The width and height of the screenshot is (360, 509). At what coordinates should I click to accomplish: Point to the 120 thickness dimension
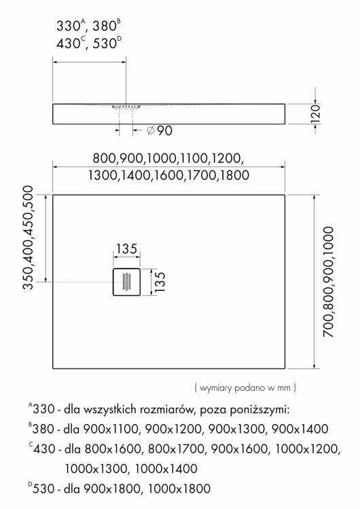(x=314, y=113)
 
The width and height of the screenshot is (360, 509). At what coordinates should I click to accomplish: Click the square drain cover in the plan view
(x=126, y=280)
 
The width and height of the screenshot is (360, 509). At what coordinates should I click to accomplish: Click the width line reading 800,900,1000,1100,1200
(x=166, y=159)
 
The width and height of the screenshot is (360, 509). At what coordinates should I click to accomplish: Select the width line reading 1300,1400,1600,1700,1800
(x=166, y=175)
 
